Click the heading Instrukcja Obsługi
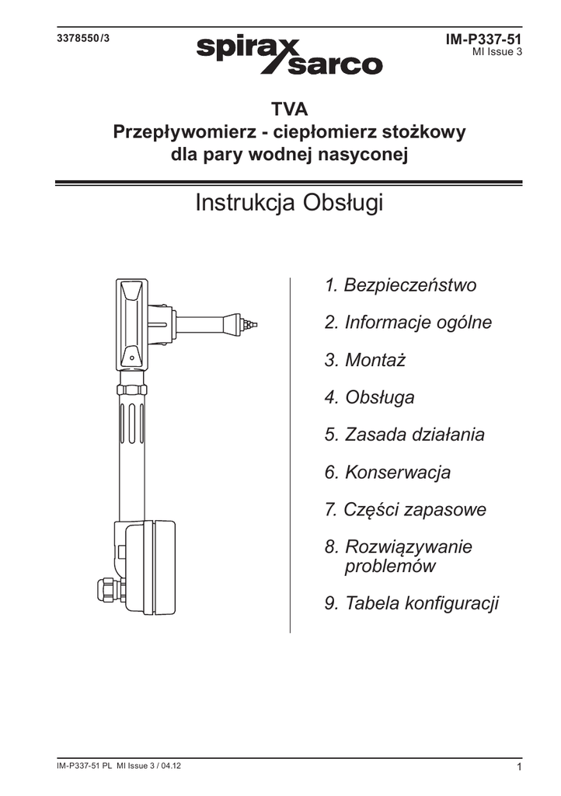289,204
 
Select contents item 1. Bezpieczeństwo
400,285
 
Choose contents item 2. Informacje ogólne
408,322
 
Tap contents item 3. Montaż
365,360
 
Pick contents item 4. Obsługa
369,397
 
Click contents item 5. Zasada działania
404,435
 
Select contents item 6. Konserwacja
387,472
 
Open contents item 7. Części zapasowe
405,510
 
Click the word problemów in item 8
390,566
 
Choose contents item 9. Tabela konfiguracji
411,603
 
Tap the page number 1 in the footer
517,768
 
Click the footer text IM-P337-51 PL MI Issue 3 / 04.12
120,766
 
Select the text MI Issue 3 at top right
497,52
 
